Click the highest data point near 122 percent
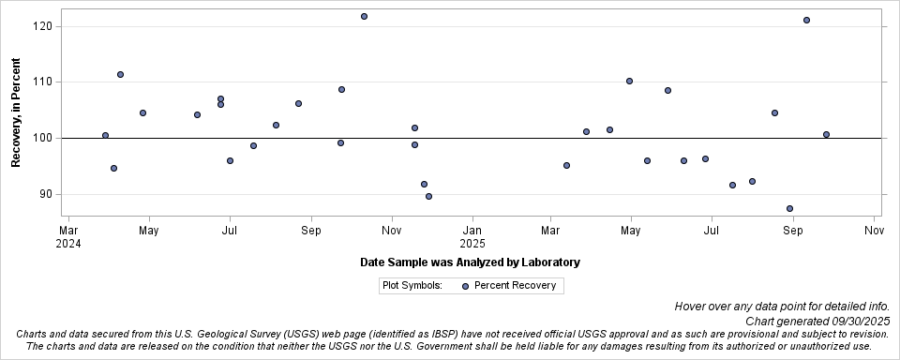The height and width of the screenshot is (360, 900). tap(364, 16)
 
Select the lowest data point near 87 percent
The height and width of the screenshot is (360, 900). tap(789, 208)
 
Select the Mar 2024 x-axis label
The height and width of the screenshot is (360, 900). tap(68, 236)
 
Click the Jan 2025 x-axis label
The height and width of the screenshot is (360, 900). tap(472, 236)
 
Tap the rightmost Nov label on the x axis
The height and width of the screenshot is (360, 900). tap(874, 230)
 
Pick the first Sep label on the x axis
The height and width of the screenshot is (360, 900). tap(311, 230)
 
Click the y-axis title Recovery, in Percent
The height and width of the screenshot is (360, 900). tap(16, 112)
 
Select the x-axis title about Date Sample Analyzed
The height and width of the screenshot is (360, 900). tap(469, 262)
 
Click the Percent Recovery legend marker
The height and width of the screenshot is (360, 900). tap(466, 285)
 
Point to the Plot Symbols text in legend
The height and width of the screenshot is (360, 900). tap(412, 285)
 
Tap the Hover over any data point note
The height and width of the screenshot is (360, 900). tap(781, 307)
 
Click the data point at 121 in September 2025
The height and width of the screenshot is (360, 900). tap(806, 20)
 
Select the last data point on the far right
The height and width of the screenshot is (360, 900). tap(826, 134)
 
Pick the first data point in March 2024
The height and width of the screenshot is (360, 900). tap(105, 135)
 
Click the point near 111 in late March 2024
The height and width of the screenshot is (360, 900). tap(120, 74)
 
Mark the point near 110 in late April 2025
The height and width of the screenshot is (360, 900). tap(629, 81)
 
